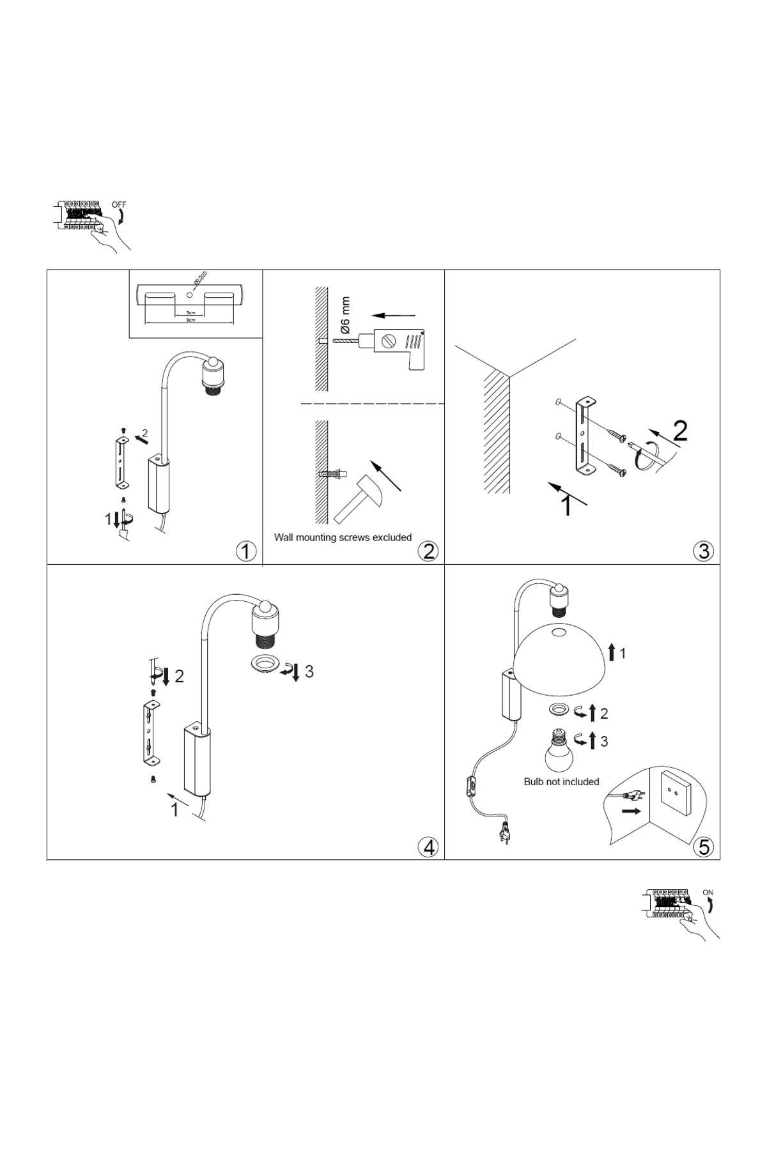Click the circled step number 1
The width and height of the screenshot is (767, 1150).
point(246,551)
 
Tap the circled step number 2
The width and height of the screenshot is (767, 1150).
point(428,551)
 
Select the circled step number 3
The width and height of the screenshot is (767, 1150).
point(704,551)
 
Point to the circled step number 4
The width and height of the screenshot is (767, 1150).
point(428,847)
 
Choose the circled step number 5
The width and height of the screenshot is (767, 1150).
point(704,847)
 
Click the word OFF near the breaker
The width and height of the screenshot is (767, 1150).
point(119,204)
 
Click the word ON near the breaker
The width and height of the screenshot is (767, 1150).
point(708,893)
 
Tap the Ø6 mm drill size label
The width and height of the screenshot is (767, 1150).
point(346,316)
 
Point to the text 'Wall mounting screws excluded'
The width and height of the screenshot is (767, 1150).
point(343,537)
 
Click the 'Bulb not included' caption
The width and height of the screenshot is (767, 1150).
point(561,781)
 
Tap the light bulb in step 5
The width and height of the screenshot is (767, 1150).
point(558,753)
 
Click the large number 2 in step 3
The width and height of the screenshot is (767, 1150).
point(680,432)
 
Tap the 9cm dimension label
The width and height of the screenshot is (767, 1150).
point(190,320)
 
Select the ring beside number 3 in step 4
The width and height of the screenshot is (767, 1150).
point(263,664)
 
